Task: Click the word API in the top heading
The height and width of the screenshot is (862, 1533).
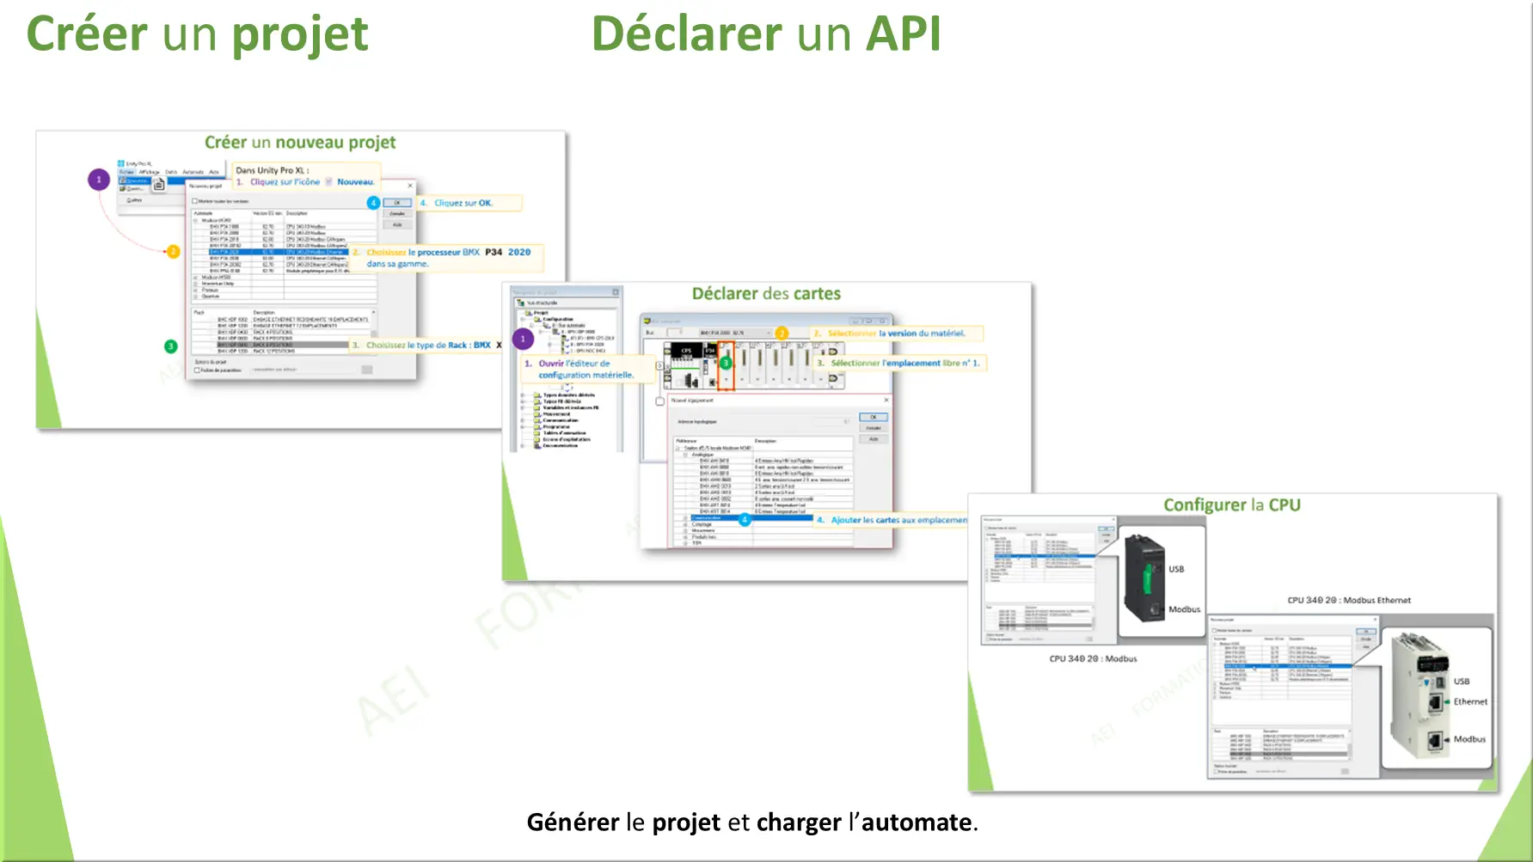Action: click(x=903, y=34)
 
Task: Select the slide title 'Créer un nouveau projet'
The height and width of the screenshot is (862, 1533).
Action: click(x=300, y=143)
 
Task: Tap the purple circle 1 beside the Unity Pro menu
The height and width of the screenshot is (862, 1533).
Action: click(x=99, y=180)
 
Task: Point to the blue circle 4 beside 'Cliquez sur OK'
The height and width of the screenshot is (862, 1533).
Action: click(x=373, y=203)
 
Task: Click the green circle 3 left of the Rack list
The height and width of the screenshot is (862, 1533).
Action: click(x=170, y=346)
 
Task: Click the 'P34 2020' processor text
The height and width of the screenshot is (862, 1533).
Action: click(x=508, y=253)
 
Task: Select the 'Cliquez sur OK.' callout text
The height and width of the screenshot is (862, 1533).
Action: click(x=463, y=204)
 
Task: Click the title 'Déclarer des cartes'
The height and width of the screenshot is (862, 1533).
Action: click(x=766, y=294)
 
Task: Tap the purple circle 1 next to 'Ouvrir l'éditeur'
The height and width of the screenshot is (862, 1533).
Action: click(x=524, y=339)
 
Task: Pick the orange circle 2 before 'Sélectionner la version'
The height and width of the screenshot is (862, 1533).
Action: click(x=782, y=333)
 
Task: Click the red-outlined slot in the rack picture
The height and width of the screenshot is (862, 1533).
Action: click(x=727, y=365)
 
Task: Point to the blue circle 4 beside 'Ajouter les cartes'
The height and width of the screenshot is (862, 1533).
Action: click(x=745, y=519)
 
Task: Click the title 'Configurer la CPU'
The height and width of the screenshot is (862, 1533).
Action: click(x=1231, y=505)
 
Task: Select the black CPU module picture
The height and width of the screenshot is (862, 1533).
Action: click(x=1144, y=578)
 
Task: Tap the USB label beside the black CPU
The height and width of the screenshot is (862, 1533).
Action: click(x=1176, y=569)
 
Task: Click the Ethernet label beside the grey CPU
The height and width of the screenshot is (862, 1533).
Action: click(x=1470, y=702)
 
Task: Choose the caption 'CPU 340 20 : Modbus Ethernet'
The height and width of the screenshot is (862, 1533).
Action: click(x=1348, y=601)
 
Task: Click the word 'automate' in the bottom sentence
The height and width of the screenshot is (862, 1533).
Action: click(x=917, y=822)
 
